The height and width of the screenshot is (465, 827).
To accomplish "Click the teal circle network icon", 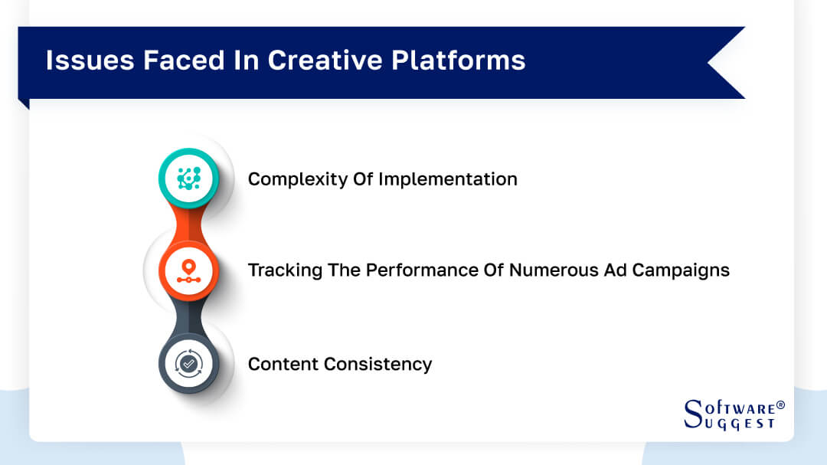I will pyautogui.click(x=188, y=178).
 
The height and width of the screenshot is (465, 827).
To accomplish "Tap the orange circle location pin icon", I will pyautogui.click(x=188, y=270).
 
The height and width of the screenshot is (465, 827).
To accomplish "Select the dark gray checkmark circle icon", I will pyautogui.click(x=188, y=363).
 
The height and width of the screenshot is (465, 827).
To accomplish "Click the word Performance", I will pyautogui.click(x=414, y=270).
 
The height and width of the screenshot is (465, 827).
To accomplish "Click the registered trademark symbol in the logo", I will pyautogui.click(x=780, y=404).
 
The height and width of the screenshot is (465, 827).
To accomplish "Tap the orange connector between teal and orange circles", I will pyautogui.click(x=188, y=224).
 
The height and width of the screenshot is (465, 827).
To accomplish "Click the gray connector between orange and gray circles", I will pyautogui.click(x=188, y=317).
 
